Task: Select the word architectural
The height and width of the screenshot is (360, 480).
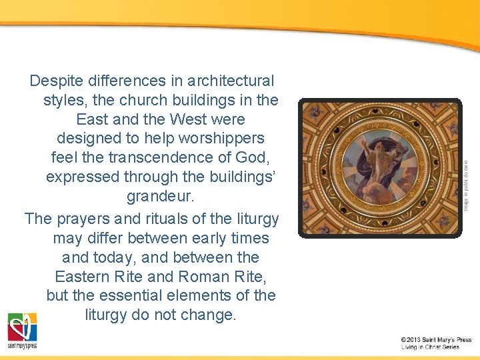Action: [231, 81]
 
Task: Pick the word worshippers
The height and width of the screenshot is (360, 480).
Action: [219, 139]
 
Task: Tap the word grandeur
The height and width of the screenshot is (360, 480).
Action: [159, 198]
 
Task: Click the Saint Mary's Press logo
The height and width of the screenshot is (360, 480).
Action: [23, 331]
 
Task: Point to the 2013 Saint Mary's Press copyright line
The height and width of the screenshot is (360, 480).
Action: [436, 340]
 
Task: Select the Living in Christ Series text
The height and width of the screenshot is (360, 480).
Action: [430, 347]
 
